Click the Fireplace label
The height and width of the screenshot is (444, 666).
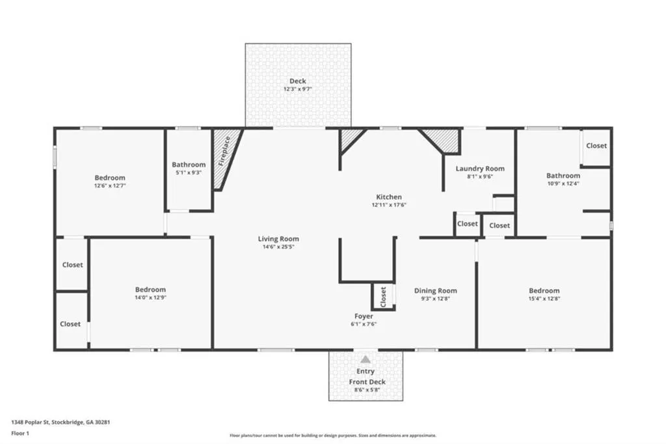click(x=224, y=151)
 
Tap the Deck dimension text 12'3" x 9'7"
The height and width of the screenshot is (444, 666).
click(x=298, y=89)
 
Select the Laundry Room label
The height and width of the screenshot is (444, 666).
click(x=480, y=169)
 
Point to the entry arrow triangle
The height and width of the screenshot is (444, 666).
click(x=366, y=360)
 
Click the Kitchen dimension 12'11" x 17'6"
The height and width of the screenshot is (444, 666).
click(x=389, y=205)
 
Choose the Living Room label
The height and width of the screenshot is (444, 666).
click(x=278, y=239)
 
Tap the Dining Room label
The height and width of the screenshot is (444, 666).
click(x=435, y=291)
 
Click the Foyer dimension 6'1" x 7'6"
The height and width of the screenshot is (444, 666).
click(x=364, y=324)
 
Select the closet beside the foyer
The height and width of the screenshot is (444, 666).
click(x=383, y=296)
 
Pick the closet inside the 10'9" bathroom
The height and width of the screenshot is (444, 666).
click(x=596, y=146)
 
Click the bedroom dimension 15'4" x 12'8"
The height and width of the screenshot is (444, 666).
click(x=544, y=299)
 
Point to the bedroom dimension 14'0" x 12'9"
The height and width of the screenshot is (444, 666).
click(x=150, y=298)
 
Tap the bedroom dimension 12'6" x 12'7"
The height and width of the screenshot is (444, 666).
click(x=110, y=186)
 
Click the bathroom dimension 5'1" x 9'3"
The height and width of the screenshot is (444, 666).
click(x=189, y=173)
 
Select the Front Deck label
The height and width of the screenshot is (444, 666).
click(x=367, y=382)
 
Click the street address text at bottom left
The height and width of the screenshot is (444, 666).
click(x=60, y=423)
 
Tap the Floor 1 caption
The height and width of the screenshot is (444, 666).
click(x=20, y=434)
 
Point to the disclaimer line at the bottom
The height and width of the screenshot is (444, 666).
click(x=333, y=436)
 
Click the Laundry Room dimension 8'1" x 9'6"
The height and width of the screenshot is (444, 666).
click(x=480, y=176)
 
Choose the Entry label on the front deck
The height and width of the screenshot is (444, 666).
click(x=366, y=371)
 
